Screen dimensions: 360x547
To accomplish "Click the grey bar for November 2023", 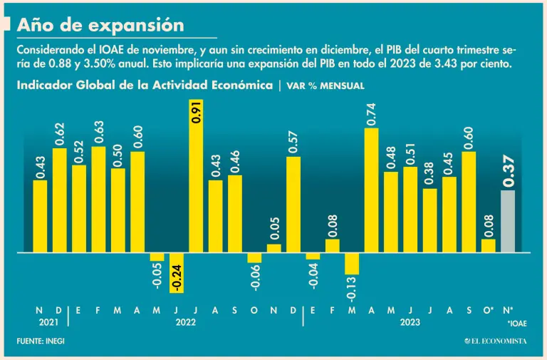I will point(508,221).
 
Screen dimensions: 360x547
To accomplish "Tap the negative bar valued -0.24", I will point(177,272).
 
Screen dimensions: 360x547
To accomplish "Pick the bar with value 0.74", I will point(371,190).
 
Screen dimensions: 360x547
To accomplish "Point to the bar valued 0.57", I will point(293,205).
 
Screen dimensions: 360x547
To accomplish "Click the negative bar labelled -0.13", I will point(352,264).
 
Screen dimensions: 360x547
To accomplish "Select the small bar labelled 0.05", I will point(274,248).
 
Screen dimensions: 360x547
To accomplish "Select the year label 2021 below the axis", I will point(48,322).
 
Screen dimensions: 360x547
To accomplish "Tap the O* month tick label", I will point(489,310).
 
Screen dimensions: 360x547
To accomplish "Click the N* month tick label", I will point(508,310).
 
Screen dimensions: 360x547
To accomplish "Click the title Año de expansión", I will point(100,25).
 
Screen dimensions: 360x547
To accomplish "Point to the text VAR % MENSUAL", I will point(325,86).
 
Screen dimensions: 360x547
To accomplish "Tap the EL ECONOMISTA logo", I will point(496,341).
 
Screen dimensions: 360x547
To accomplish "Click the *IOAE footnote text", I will point(517,323).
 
